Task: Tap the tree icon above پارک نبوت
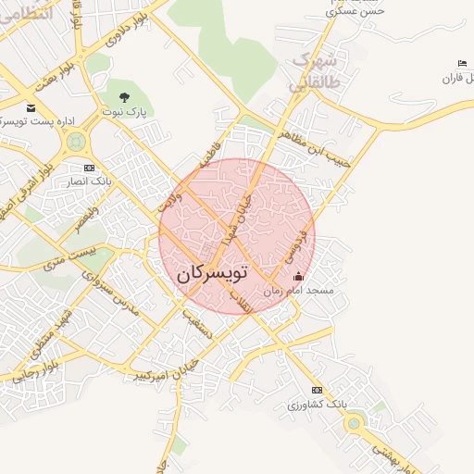[124, 95]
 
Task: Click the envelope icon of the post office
[31, 107]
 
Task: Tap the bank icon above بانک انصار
[89, 168]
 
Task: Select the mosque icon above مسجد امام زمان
[297, 276]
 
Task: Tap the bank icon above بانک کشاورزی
[318, 390]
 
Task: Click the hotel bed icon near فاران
[462, 64]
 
